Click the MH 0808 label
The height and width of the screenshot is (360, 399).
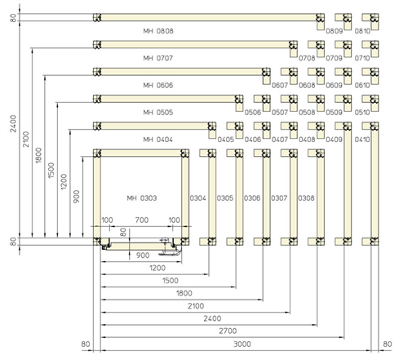[x=158, y=31]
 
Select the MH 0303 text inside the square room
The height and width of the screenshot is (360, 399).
[x=142, y=198]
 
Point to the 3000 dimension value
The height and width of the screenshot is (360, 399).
[x=242, y=344]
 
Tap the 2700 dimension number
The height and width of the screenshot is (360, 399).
[x=228, y=331]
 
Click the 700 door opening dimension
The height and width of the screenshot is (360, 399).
[x=142, y=220]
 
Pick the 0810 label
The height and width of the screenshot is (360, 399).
[x=362, y=31]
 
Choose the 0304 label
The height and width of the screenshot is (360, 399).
[x=197, y=198]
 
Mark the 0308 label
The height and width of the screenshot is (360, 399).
[x=306, y=198]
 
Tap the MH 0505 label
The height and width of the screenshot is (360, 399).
[x=158, y=113]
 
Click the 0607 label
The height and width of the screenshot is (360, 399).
[x=280, y=86]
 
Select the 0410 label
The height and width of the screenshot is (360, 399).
[x=362, y=140]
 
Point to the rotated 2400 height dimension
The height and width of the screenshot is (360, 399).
[x=13, y=124]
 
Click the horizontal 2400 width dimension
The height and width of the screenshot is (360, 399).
[x=212, y=318]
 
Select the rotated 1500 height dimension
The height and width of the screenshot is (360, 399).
[x=51, y=171]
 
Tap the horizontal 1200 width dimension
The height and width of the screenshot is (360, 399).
[x=157, y=268]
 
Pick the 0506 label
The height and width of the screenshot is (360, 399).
[x=253, y=113]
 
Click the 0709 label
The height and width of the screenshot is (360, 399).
[x=334, y=58]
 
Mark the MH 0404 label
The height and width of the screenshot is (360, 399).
[x=158, y=140]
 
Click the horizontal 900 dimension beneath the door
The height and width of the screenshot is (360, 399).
[x=143, y=256]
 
